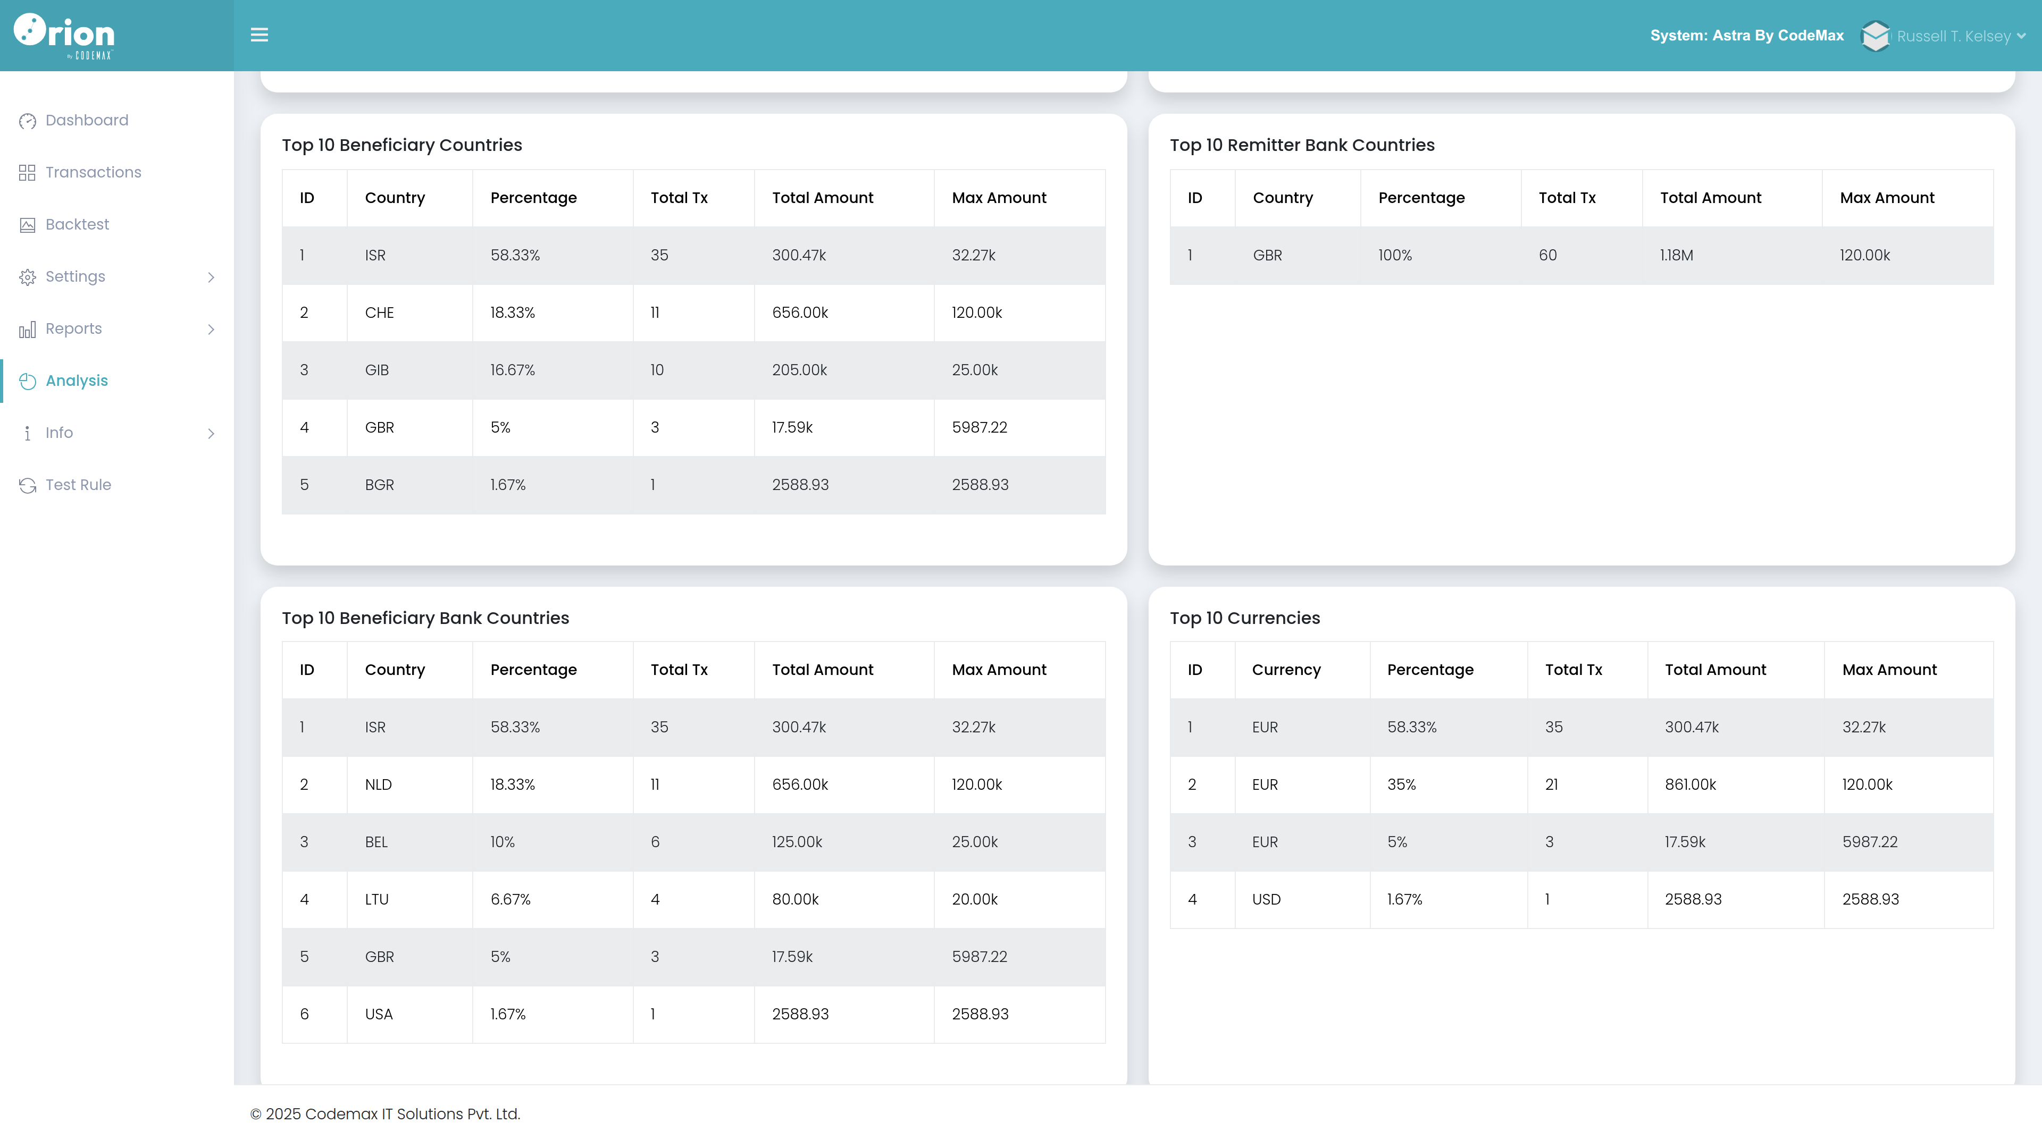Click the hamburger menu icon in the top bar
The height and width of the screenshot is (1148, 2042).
click(259, 35)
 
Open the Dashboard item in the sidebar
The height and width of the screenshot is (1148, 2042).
click(86, 121)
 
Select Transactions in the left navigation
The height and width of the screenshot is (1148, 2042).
click(93, 173)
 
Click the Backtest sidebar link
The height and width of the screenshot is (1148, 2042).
click(77, 225)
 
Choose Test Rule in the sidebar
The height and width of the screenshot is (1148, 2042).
click(78, 485)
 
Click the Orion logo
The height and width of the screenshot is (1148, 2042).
click(64, 36)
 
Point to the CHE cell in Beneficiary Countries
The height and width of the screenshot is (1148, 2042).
click(379, 313)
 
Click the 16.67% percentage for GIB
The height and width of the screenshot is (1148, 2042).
click(512, 370)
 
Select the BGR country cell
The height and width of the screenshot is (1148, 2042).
click(379, 485)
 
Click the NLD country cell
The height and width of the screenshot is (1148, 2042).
click(378, 784)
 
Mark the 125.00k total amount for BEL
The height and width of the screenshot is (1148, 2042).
click(797, 842)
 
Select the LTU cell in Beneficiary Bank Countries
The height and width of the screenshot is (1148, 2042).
click(376, 899)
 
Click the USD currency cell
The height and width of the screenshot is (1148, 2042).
click(1266, 899)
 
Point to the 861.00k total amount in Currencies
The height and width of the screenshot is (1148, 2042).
click(1690, 784)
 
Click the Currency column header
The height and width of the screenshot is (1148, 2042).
click(1286, 670)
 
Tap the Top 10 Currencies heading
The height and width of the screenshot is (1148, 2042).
click(1244, 618)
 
